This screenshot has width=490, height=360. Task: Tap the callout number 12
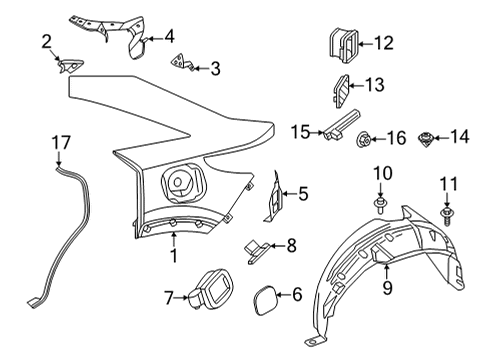point(383,43)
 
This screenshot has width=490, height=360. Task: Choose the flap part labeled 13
point(339,88)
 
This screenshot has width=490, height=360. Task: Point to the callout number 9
point(386,288)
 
